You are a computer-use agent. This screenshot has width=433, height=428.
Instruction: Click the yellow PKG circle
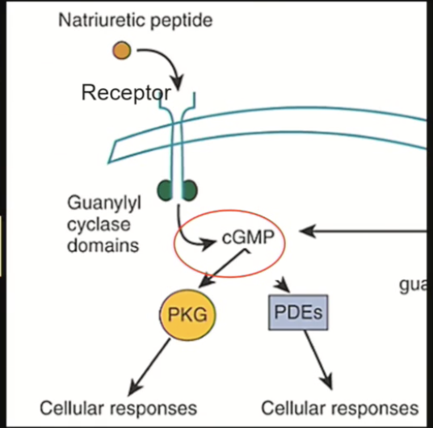point(188,314)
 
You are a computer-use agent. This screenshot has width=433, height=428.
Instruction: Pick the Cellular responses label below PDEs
point(340,407)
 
